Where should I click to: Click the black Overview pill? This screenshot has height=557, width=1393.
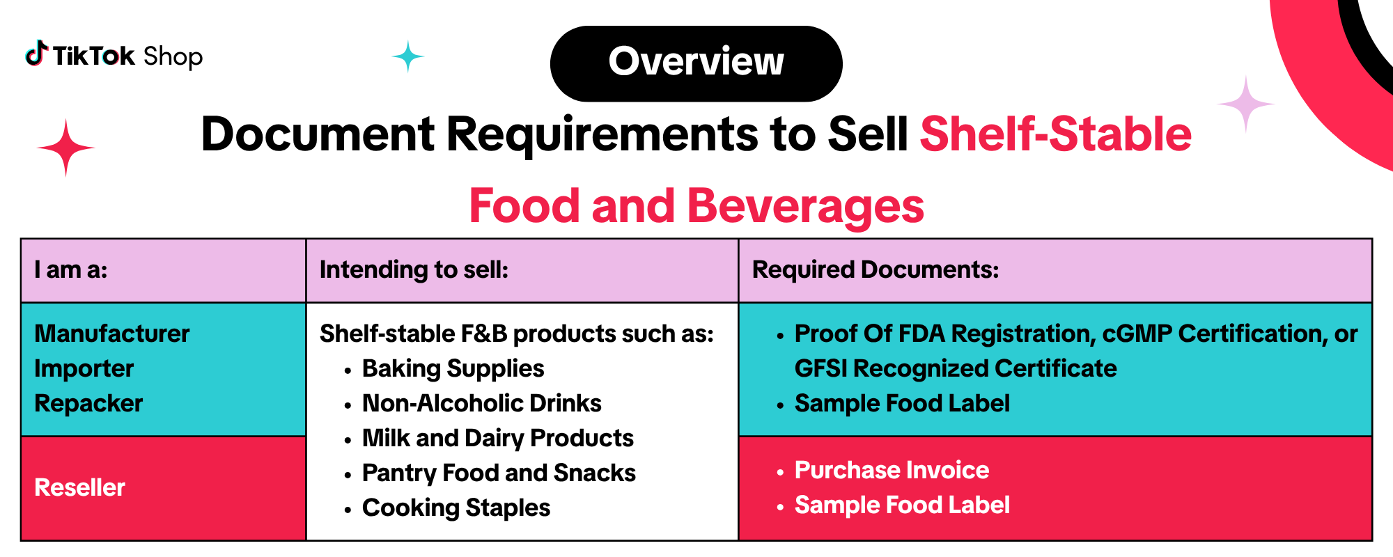[x=696, y=63]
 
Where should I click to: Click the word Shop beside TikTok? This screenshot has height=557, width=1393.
[x=173, y=56]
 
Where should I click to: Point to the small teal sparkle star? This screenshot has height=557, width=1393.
[x=407, y=56]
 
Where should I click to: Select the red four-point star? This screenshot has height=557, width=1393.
[x=66, y=148]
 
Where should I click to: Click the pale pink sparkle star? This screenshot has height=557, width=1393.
[x=1246, y=104]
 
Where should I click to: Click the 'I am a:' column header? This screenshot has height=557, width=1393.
[x=71, y=269]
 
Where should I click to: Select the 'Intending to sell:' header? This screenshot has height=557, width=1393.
[x=414, y=269]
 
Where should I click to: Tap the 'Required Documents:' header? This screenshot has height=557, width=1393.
[x=876, y=269]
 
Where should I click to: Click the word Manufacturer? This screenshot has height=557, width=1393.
[x=111, y=334]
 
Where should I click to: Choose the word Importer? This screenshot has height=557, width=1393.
[x=84, y=368]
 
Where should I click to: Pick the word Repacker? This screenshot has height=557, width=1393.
[x=88, y=403]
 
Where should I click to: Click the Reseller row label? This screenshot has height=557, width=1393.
[x=79, y=487]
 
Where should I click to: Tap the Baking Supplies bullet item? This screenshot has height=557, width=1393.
[x=453, y=368]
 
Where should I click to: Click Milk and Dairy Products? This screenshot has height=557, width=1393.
[x=497, y=438]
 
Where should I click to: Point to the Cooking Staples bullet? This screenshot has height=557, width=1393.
[x=456, y=508]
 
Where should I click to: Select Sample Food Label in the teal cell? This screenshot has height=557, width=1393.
[x=902, y=403]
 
